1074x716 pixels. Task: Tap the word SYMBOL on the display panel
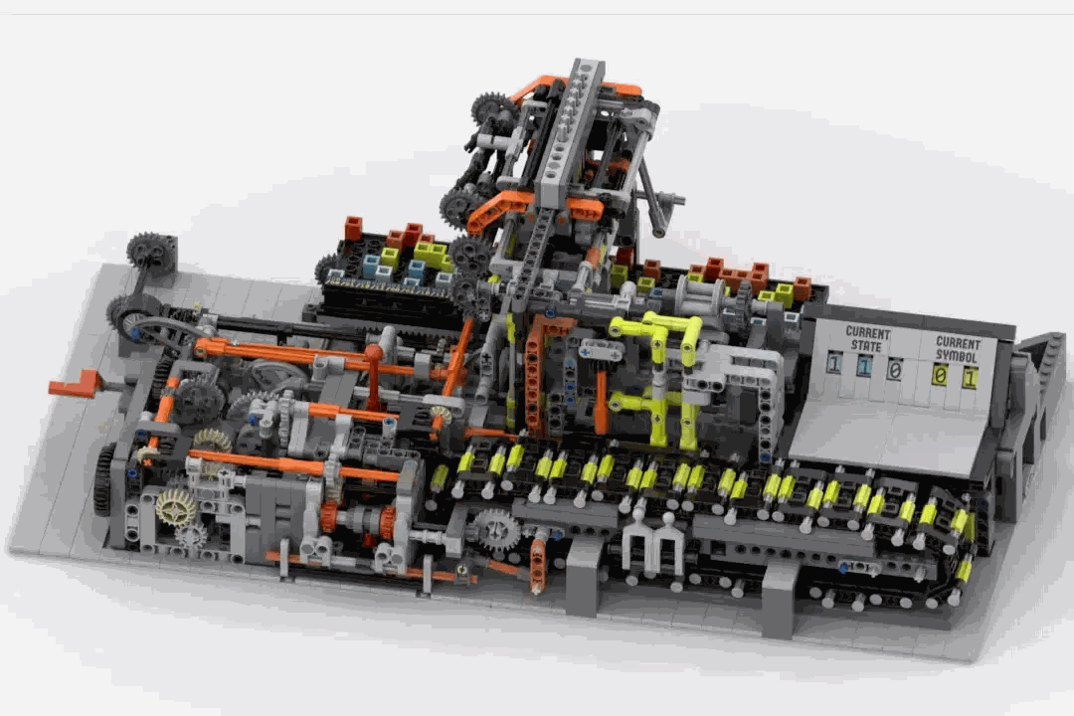click(x=957, y=356)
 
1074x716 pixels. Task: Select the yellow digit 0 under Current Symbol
click(x=940, y=375)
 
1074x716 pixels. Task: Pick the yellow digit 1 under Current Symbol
click(x=969, y=378)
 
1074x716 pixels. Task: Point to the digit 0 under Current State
click(x=894, y=371)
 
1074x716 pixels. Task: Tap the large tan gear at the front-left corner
click(x=176, y=507)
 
